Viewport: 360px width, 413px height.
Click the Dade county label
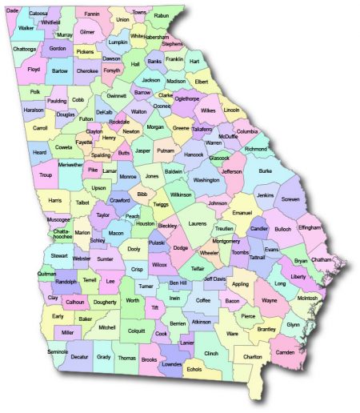click(12, 10)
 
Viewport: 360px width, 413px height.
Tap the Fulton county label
click(86, 119)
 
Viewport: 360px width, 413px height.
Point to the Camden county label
click(285, 352)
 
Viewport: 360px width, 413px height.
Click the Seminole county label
click(58, 352)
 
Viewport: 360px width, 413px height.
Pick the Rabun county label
click(162, 15)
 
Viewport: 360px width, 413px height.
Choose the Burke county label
click(265, 170)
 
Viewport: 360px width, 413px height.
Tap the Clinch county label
click(210, 352)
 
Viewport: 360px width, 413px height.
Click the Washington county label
click(206, 180)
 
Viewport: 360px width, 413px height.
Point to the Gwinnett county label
click(117, 95)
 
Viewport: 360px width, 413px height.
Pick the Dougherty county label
click(105, 302)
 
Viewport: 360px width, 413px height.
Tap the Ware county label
click(232, 332)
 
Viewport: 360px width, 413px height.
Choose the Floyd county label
click(34, 70)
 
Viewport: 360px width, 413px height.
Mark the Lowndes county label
click(171, 363)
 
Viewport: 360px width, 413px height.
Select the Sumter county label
click(105, 259)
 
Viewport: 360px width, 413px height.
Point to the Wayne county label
click(269, 301)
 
